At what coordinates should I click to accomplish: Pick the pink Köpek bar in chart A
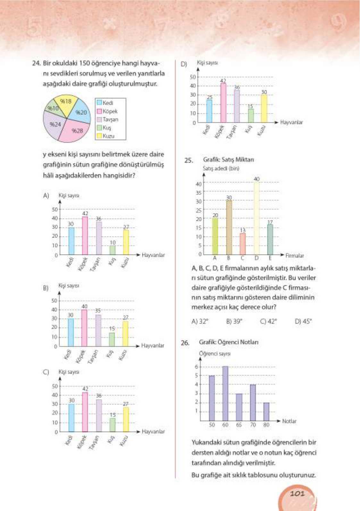coord(85,236)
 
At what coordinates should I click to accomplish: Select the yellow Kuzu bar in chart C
coord(126,419)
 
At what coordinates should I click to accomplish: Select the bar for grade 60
coord(225,393)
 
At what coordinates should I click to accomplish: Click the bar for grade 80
coord(266,412)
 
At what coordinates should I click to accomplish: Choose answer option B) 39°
coord(234,321)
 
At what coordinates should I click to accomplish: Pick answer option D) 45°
coord(303,321)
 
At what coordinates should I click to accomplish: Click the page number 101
coord(297,493)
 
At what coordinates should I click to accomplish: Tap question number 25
coord(188,160)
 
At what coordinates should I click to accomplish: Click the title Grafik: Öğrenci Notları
coord(229,342)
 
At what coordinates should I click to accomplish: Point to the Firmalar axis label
coord(294,255)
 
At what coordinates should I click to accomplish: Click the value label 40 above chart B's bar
coord(84,306)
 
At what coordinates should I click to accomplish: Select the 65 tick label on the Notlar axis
coord(239,425)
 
